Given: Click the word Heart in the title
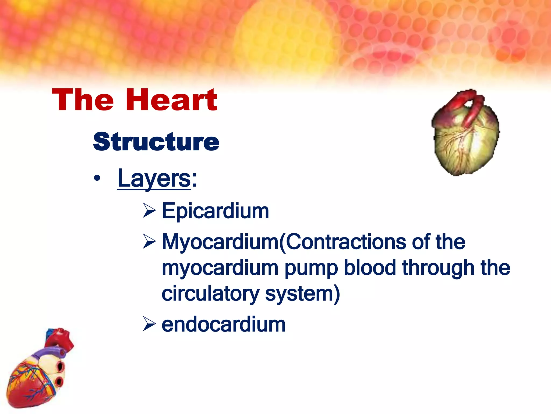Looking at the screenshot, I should click(171, 100).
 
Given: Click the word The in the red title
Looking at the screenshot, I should click(83, 100).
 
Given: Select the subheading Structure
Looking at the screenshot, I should click(156, 142).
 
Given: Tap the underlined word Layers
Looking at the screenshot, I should click(154, 178).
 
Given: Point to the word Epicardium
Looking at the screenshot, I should click(215, 211).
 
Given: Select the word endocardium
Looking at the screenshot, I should click(223, 325).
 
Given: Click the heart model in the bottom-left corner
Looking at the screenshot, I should click(38, 377).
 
